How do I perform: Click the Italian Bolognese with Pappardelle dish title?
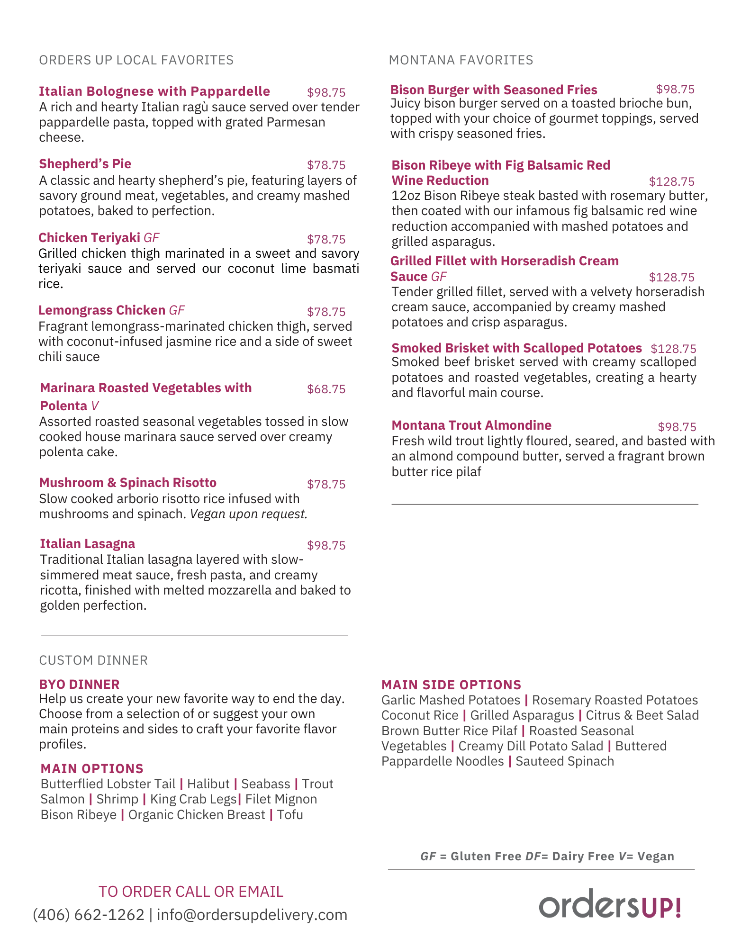(x=154, y=91)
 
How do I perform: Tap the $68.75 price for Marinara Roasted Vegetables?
(x=326, y=389)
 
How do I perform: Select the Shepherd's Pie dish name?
(x=85, y=164)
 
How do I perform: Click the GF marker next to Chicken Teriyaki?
(x=152, y=238)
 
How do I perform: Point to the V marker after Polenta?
(x=95, y=406)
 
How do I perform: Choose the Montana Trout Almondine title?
(x=471, y=425)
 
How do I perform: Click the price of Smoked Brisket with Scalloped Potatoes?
(x=673, y=349)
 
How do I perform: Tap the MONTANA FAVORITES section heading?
(x=461, y=60)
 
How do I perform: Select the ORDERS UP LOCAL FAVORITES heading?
(x=136, y=60)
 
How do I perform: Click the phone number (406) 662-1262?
(x=89, y=914)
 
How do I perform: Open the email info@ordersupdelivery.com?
(x=252, y=914)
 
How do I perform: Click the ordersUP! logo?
(x=610, y=904)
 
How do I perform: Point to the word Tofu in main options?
(x=290, y=815)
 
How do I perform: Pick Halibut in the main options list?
(x=208, y=784)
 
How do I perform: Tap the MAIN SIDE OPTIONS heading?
(x=451, y=685)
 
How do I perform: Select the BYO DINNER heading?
(x=79, y=685)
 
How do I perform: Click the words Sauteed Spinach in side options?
(x=565, y=761)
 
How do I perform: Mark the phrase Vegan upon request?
(x=249, y=514)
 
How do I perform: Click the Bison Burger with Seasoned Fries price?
(x=675, y=90)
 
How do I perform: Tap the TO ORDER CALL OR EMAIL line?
(x=191, y=892)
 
